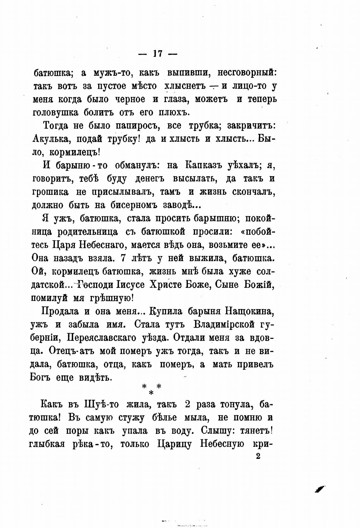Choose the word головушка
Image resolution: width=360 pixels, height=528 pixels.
pyautogui.click(x=56, y=112)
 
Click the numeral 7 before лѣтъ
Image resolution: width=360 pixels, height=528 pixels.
pyautogui.click(x=124, y=258)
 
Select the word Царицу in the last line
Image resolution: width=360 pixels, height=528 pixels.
pyautogui.click(x=174, y=444)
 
